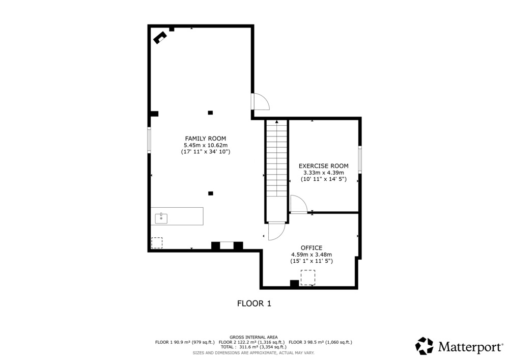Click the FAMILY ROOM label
pyautogui.click(x=206, y=139)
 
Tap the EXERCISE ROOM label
pyautogui.click(x=324, y=166)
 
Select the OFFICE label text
pyautogui.click(x=312, y=248)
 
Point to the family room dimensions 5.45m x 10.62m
pyautogui.click(x=206, y=146)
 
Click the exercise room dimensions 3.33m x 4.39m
pyautogui.click(x=324, y=173)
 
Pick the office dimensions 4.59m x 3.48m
pyautogui.click(x=312, y=255)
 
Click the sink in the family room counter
pyautogui.click(x=161, y=218)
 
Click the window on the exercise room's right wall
pyautogui.click(x=360, y=159)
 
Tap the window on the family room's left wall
pyautogui.click(x=149, y=140)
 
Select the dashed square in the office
pyautogui.click(x=308, y=278)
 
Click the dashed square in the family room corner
pyautogui.click(x=157, y=243)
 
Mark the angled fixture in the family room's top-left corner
pyautogui.click(x=160, y=38)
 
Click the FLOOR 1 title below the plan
pyautogui.click(x=254, y=303)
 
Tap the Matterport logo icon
pyautogui.click(x=425, y=346)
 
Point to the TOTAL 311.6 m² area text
pyautogui.click(x=253, y=347)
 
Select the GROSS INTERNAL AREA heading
pyautogui.click(x=253, y=337)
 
